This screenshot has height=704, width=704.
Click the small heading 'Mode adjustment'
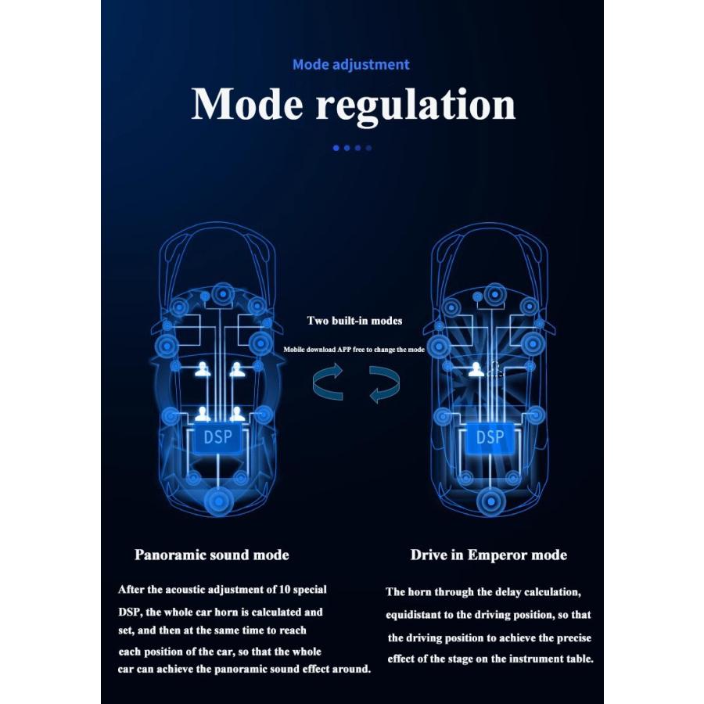(350, 64)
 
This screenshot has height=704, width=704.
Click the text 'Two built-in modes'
(354, 321)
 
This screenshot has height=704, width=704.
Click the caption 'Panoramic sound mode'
(211, 555)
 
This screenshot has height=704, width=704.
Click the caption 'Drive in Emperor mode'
(489, 555)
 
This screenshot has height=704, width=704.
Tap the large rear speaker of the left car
(218, 500)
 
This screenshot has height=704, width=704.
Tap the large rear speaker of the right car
(490, 500)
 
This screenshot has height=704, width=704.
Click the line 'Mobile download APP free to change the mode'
(354, 350)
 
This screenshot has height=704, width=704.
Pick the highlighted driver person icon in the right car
(476, 370)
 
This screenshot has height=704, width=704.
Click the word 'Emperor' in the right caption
(496, 555)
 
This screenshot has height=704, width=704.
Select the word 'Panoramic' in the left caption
(170, 555)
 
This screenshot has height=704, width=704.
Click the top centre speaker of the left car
(222, 294)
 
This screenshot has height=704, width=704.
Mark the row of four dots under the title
(352, 147)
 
